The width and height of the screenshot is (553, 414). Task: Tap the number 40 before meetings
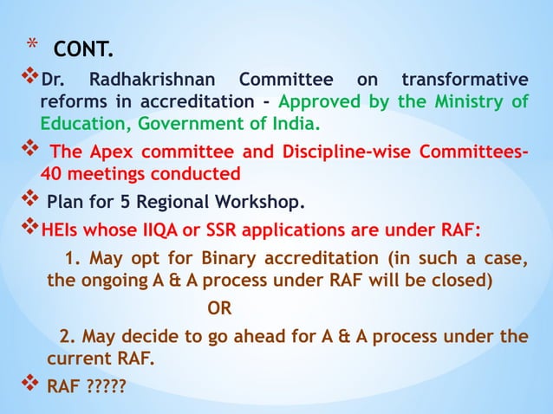coord(51,174)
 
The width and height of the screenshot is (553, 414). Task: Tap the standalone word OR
coord(219,307)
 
